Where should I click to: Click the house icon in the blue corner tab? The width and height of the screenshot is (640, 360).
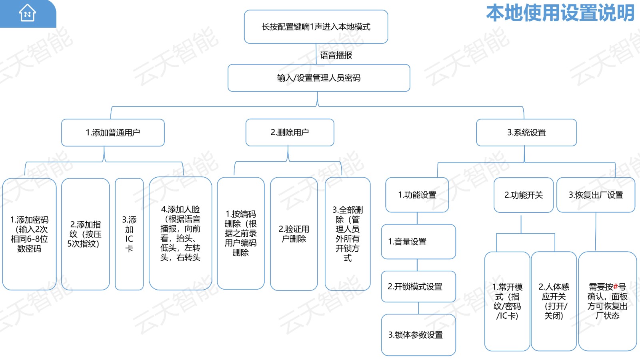pos(27,13)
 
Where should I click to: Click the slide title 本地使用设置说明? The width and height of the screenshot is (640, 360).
pos(560,13)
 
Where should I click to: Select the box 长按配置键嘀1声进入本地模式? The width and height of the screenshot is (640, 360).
pos(316,27)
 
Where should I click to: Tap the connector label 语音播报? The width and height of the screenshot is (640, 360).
pos(336,55)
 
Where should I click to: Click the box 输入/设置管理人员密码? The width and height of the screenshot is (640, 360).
pos(319,78)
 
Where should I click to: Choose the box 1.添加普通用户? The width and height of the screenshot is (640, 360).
pos(113,132)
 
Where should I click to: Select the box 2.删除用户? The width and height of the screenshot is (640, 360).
pos(290,132)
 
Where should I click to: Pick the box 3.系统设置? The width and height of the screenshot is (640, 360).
pos(526,132)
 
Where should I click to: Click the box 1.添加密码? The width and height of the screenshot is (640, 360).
pos(29,234)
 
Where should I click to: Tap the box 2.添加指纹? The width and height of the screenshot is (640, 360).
pos(85,234)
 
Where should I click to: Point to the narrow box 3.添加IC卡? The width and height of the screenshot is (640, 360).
pos(129,234)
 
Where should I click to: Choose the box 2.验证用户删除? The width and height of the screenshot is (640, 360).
pos(294,234)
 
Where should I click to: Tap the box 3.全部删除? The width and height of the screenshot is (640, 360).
pos(348,234)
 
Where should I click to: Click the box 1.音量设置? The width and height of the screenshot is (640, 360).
pos(418,242)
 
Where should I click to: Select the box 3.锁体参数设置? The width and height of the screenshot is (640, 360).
pos(418,335)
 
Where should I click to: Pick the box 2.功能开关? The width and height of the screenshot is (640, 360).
pos(524,195)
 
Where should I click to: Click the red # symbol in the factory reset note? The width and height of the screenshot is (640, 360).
pos(616,287)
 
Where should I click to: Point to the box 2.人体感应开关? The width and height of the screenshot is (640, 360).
pos(554,301)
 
